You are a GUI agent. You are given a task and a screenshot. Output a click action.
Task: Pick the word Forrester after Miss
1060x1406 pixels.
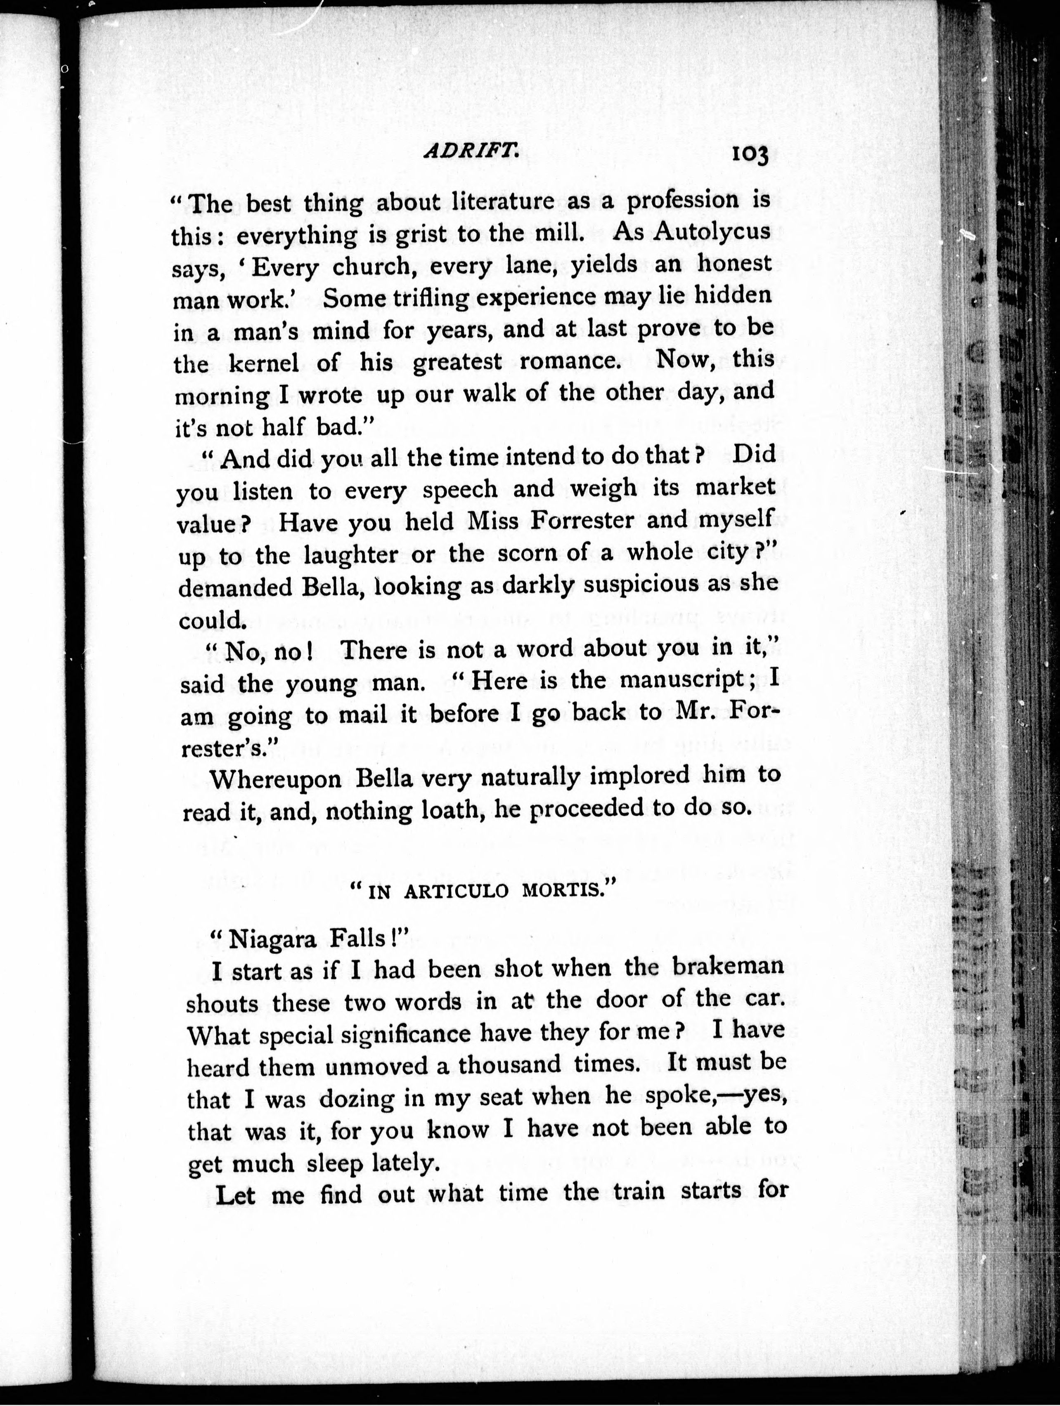click(582, 521)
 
